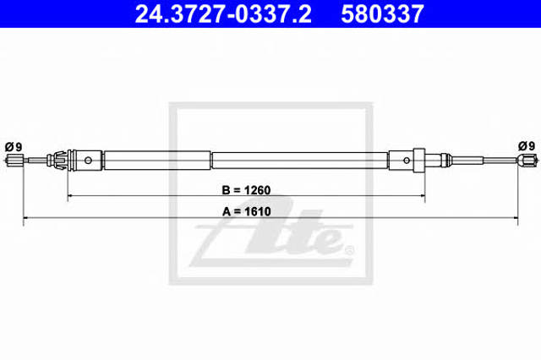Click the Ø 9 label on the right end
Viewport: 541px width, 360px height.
pyautogui.click(x=525, y=145)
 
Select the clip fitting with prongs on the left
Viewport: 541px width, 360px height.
pyautogui.click(x=59, y=159)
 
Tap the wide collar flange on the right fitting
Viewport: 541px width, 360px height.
pyautogui.click(x=418, y=159)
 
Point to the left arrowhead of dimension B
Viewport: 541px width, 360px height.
pyautogui.click(x=70, y=195)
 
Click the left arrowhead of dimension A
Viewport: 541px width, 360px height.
pyautogui.click(x=26, y=219)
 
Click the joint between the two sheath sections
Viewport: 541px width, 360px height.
pyautogui.click(x=211, y=159)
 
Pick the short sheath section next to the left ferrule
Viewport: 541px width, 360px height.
pyautogui.click(x=156, y=159)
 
